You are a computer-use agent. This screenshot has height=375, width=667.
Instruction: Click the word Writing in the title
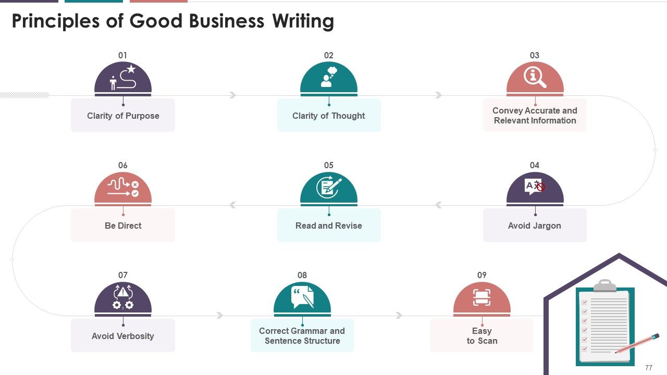(303, 21)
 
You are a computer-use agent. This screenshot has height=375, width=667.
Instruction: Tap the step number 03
(535, 55)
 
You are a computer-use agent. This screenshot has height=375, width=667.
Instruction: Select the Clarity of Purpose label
(123, 116)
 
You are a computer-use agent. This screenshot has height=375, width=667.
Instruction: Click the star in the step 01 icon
(131, 69)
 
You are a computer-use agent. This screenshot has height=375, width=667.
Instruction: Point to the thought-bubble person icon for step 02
(329, 77)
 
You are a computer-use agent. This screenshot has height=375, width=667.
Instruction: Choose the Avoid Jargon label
(535, 226)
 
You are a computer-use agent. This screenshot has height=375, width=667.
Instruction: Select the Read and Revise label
(329, 226)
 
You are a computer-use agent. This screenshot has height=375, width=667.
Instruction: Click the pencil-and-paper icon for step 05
(329, 187)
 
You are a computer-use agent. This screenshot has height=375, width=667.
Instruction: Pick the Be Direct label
(123, 226)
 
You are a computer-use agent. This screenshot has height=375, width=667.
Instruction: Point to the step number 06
(122, 166)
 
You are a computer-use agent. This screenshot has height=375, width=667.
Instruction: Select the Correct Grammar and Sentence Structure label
(302, 336)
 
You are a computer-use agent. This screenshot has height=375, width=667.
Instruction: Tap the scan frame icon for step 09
(482, 297)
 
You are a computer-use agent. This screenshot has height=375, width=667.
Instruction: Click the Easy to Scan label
(482, 336)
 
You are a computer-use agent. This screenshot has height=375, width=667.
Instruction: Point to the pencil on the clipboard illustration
(637, 343)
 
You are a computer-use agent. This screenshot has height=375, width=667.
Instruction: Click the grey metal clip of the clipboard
(605, 285)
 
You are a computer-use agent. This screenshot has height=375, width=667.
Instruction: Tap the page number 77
(649, 368)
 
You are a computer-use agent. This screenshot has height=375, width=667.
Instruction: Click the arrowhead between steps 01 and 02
(233, 95)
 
